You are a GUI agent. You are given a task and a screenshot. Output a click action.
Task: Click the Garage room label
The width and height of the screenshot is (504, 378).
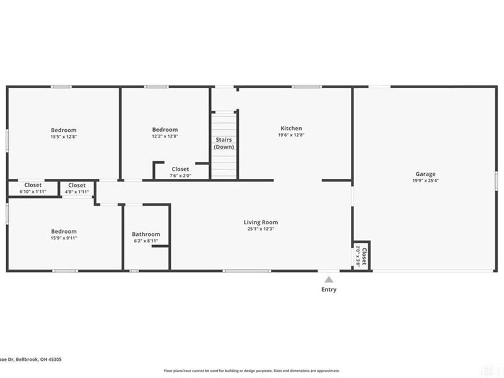pos(425,174)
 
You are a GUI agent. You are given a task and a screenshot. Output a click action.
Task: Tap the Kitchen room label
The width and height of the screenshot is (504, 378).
pos(291,128)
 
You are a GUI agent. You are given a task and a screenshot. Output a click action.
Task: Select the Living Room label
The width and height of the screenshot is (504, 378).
pos(261,222)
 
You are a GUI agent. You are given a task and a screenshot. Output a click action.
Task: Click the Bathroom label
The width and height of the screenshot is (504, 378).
pos(146,234)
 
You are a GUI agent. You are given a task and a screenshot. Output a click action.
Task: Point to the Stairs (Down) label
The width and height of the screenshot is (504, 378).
pos(224,143)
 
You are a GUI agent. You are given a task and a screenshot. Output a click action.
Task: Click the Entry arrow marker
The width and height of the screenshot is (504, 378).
pos(328,279)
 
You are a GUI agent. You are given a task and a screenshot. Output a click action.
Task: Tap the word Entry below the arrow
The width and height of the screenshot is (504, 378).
pos(328,290)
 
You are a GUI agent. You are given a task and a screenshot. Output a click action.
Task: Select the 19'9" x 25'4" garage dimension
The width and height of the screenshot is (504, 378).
pos(425,181)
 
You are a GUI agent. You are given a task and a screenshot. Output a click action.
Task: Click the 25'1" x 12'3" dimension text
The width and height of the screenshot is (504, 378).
pos(261,229)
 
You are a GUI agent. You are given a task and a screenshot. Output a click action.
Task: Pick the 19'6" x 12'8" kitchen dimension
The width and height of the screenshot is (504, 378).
pos(291,135)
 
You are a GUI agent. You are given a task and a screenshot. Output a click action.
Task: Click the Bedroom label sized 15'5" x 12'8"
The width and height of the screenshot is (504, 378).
pos(64,129)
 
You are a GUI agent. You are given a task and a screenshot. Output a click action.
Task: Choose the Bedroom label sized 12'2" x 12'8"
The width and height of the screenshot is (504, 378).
pos(164,129)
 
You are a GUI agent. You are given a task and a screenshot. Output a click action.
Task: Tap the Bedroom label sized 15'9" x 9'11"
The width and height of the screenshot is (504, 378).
pos(64,231)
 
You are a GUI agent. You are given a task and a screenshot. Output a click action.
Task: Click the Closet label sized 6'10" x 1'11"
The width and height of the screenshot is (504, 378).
pos(33,185)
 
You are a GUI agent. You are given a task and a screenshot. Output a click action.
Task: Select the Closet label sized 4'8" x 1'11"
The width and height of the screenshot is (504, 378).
pos(77,185)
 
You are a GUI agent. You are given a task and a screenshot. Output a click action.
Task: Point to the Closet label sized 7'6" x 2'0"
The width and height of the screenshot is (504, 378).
pos(181,169)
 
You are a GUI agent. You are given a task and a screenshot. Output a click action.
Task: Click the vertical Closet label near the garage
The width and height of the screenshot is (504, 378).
pos(364,255)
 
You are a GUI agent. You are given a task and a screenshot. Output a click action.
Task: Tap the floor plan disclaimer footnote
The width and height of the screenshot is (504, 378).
pos(252,371)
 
